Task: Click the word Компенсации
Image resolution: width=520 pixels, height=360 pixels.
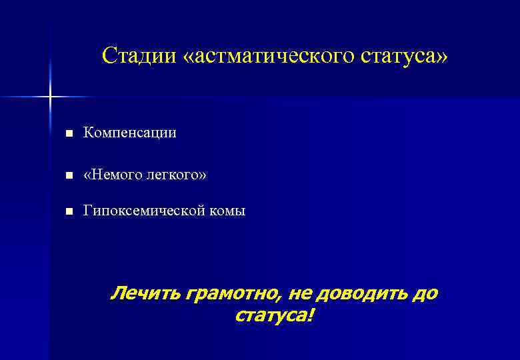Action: [x=129, y=133]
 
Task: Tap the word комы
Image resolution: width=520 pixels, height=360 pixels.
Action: [x=229, y=211]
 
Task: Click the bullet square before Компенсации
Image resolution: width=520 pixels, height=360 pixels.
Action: [x=68, y=134]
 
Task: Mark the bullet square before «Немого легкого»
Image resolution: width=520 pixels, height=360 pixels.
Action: [x=68, y=175]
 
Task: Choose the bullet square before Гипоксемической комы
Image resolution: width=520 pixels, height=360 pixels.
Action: [x=68, y=212]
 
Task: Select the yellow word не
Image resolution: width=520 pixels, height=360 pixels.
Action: [x=297, y=294]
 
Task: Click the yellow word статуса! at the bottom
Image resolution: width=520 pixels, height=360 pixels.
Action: [x=272, y=315]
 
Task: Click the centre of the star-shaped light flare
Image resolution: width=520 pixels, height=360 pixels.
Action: [x=50, y=97]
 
